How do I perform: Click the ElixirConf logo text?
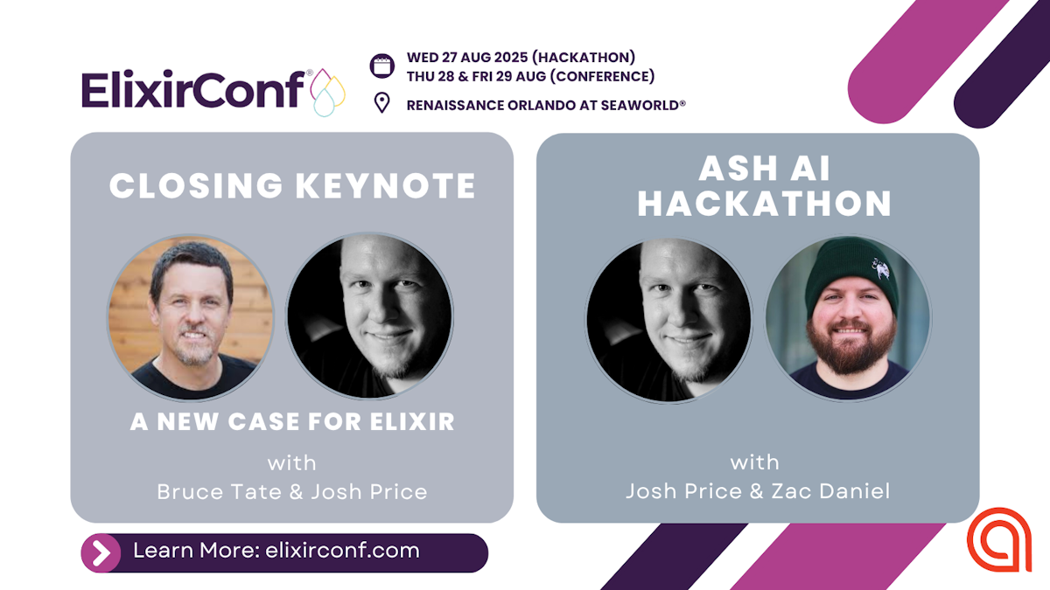click(193, 89)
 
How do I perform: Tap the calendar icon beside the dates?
click(382, 66)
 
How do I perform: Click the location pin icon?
click(382, 103)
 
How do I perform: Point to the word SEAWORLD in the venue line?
click(640, 105)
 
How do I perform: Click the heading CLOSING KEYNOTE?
click(292, 186)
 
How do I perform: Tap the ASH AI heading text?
click(765, 168)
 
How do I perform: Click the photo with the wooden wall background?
click(191, 318)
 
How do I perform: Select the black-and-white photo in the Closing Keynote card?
click(369, 316)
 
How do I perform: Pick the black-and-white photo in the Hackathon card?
click(668, 320)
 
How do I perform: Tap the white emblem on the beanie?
click(881, 268)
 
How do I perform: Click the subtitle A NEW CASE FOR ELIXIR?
click(292, 421)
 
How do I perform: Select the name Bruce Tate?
click(220, 491)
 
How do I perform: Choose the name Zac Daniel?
click(830, 491)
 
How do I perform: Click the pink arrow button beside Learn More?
click(101, 553)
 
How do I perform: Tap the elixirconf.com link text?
click(342, 551)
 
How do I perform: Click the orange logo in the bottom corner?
click(999, 540)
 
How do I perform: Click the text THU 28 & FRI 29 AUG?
click(476, 76)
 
